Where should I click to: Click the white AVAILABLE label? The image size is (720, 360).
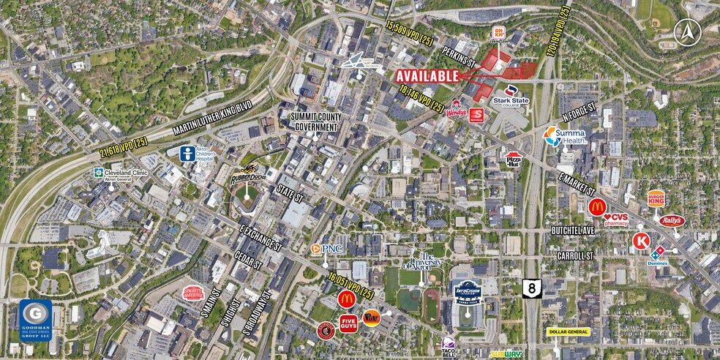tap(428, 75)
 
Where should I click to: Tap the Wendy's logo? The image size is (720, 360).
tap(458, 113)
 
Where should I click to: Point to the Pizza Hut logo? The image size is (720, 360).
tap(514, 157)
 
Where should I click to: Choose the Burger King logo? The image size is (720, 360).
tap(656, 198)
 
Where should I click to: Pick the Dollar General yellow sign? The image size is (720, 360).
tap(568, 331)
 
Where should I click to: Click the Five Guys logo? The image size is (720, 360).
tap(348, 322)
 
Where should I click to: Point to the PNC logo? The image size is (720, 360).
tap(323, 249)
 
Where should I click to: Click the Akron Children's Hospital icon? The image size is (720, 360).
tap(188, 154)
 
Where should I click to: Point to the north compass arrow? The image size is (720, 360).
tap(688, 31)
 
